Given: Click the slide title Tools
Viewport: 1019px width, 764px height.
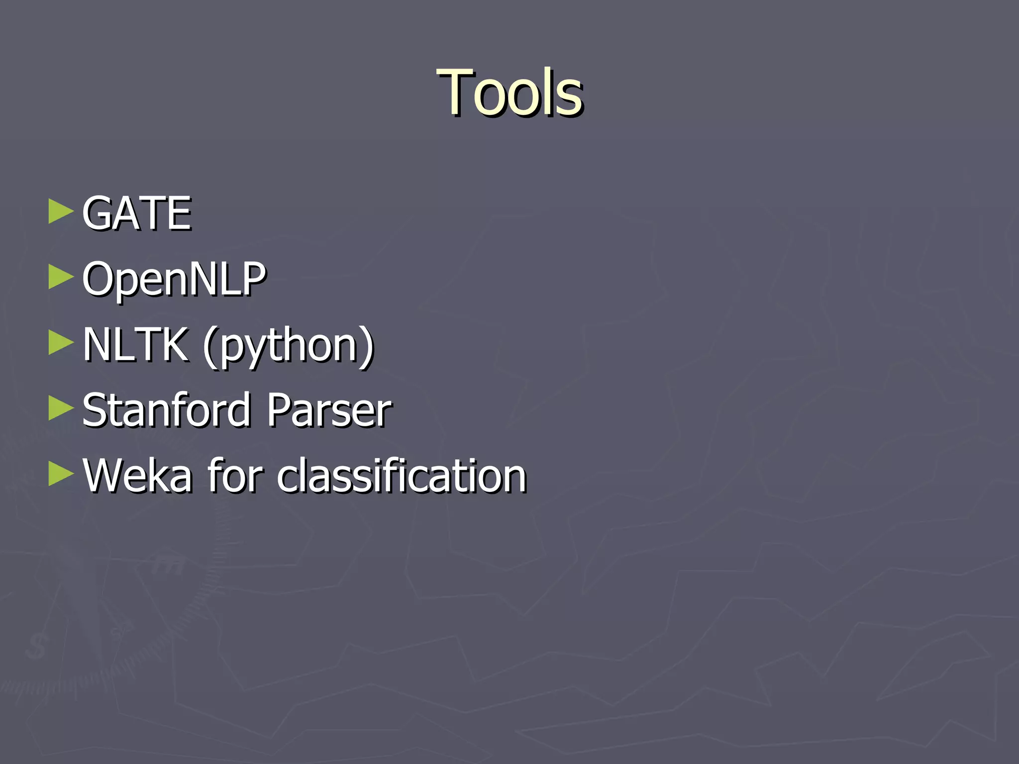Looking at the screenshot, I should click(509, 93).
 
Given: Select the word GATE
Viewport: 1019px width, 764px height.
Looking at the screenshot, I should click(136, 213).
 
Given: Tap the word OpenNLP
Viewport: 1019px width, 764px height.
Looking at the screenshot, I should click(174, 279).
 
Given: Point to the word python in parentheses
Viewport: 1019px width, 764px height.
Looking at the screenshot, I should click(288, 346).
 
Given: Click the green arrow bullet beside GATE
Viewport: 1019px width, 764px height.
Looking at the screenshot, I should click(61, 212).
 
